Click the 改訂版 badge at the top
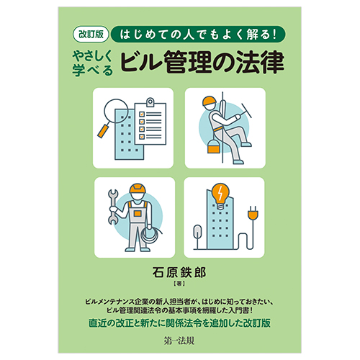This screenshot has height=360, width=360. (x=91, y=34)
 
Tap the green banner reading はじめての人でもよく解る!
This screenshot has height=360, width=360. (x=198, y=34)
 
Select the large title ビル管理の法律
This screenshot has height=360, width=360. (x=202, y=62)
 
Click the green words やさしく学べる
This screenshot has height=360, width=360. (x=92, y=63)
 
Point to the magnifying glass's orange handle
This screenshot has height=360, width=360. (x=104, y=130)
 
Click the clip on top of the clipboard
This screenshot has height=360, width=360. (x=150, y=102)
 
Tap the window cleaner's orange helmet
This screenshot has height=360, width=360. (x=209, y=101)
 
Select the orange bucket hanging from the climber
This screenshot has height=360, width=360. (x=213, y=146)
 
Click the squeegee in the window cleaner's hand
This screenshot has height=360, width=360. (x=246, y=111)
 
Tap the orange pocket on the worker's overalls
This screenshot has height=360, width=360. (x=138, y=213)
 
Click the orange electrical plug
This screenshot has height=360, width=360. (x=253, y=213)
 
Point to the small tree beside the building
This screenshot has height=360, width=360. (x=197, y=237)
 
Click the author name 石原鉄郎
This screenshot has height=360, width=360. (x=179, y=272)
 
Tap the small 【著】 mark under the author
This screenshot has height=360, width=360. (x=179, y=284)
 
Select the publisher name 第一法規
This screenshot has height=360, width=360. (x=179, y=341)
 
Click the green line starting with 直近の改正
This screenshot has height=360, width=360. (x=179, y=323)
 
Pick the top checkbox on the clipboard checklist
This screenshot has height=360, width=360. (x=142, y=114)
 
